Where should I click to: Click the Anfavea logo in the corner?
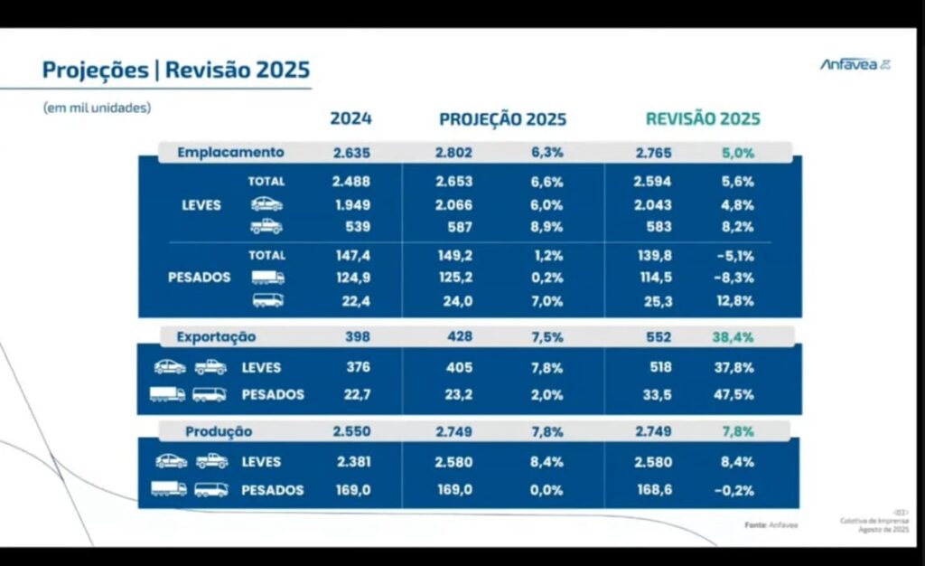855,63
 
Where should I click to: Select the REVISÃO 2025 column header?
702,118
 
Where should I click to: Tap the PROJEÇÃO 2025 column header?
502,118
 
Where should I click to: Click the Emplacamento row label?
230,152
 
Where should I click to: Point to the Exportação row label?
216,336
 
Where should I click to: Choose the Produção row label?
219,431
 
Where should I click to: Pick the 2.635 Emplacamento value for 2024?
351,152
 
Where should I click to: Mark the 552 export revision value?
659,336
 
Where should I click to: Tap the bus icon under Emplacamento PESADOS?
267,300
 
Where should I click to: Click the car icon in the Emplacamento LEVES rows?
266,204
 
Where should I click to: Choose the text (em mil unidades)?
97,107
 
